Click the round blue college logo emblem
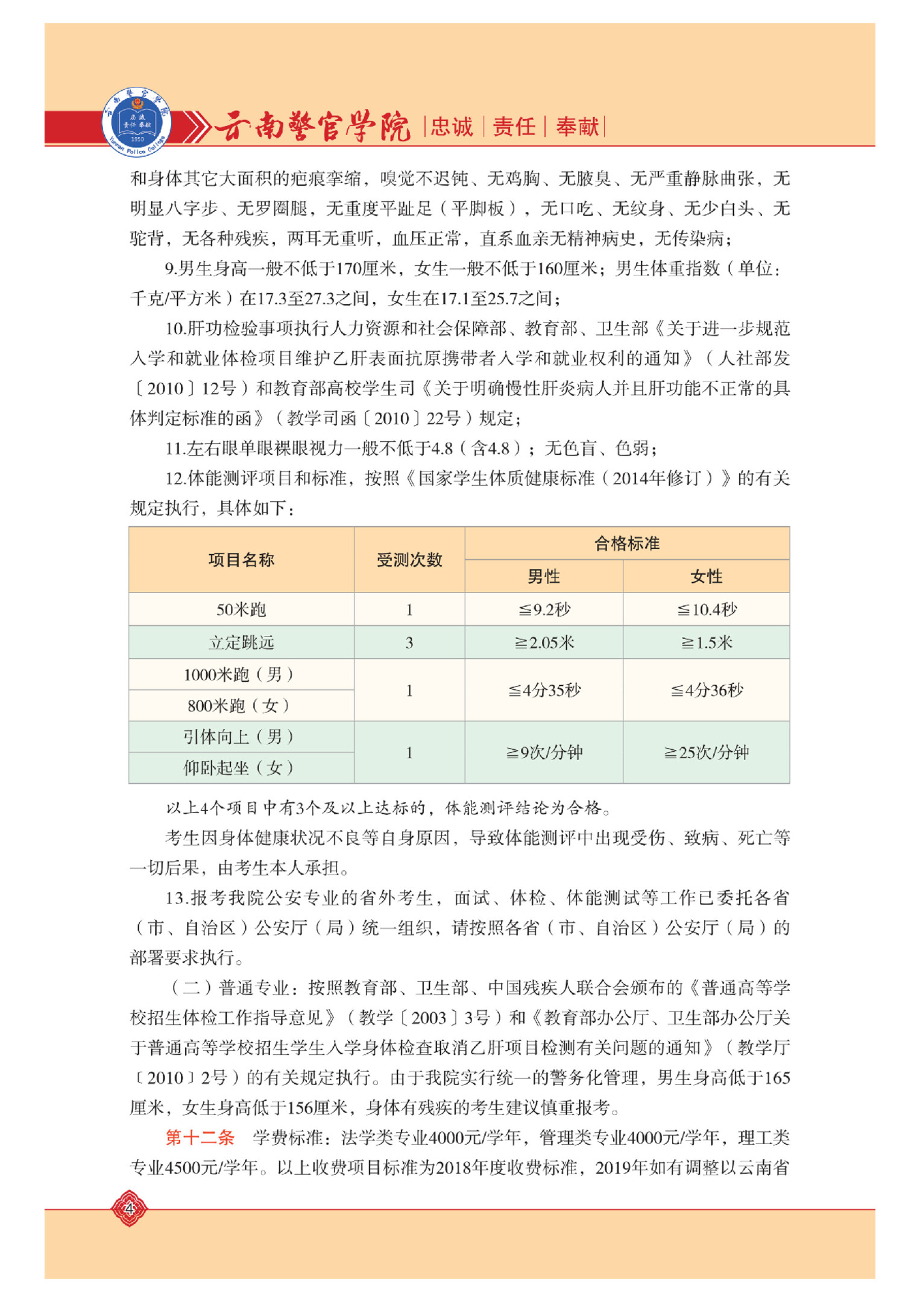click(136, 122)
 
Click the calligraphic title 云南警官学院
click(312, 127)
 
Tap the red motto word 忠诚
click(452, 127)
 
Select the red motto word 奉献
click(577, 127)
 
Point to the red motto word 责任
click(514, 127)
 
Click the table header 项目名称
click(241, 560)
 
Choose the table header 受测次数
click(409, 560)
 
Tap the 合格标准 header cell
click(627, 544)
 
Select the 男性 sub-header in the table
click(544, 577)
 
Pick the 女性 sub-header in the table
click(706, 577)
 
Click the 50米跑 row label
click(241, 609)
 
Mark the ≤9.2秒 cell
click(544, 609)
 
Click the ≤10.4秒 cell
click(706, 609)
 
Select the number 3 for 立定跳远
click(409, 643)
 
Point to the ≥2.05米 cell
click(544, 643)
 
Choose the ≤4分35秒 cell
click(544, 690)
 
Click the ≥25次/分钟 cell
click(706, 752)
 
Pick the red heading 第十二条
click(200, 1137)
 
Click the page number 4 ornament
click(129, 1208)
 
